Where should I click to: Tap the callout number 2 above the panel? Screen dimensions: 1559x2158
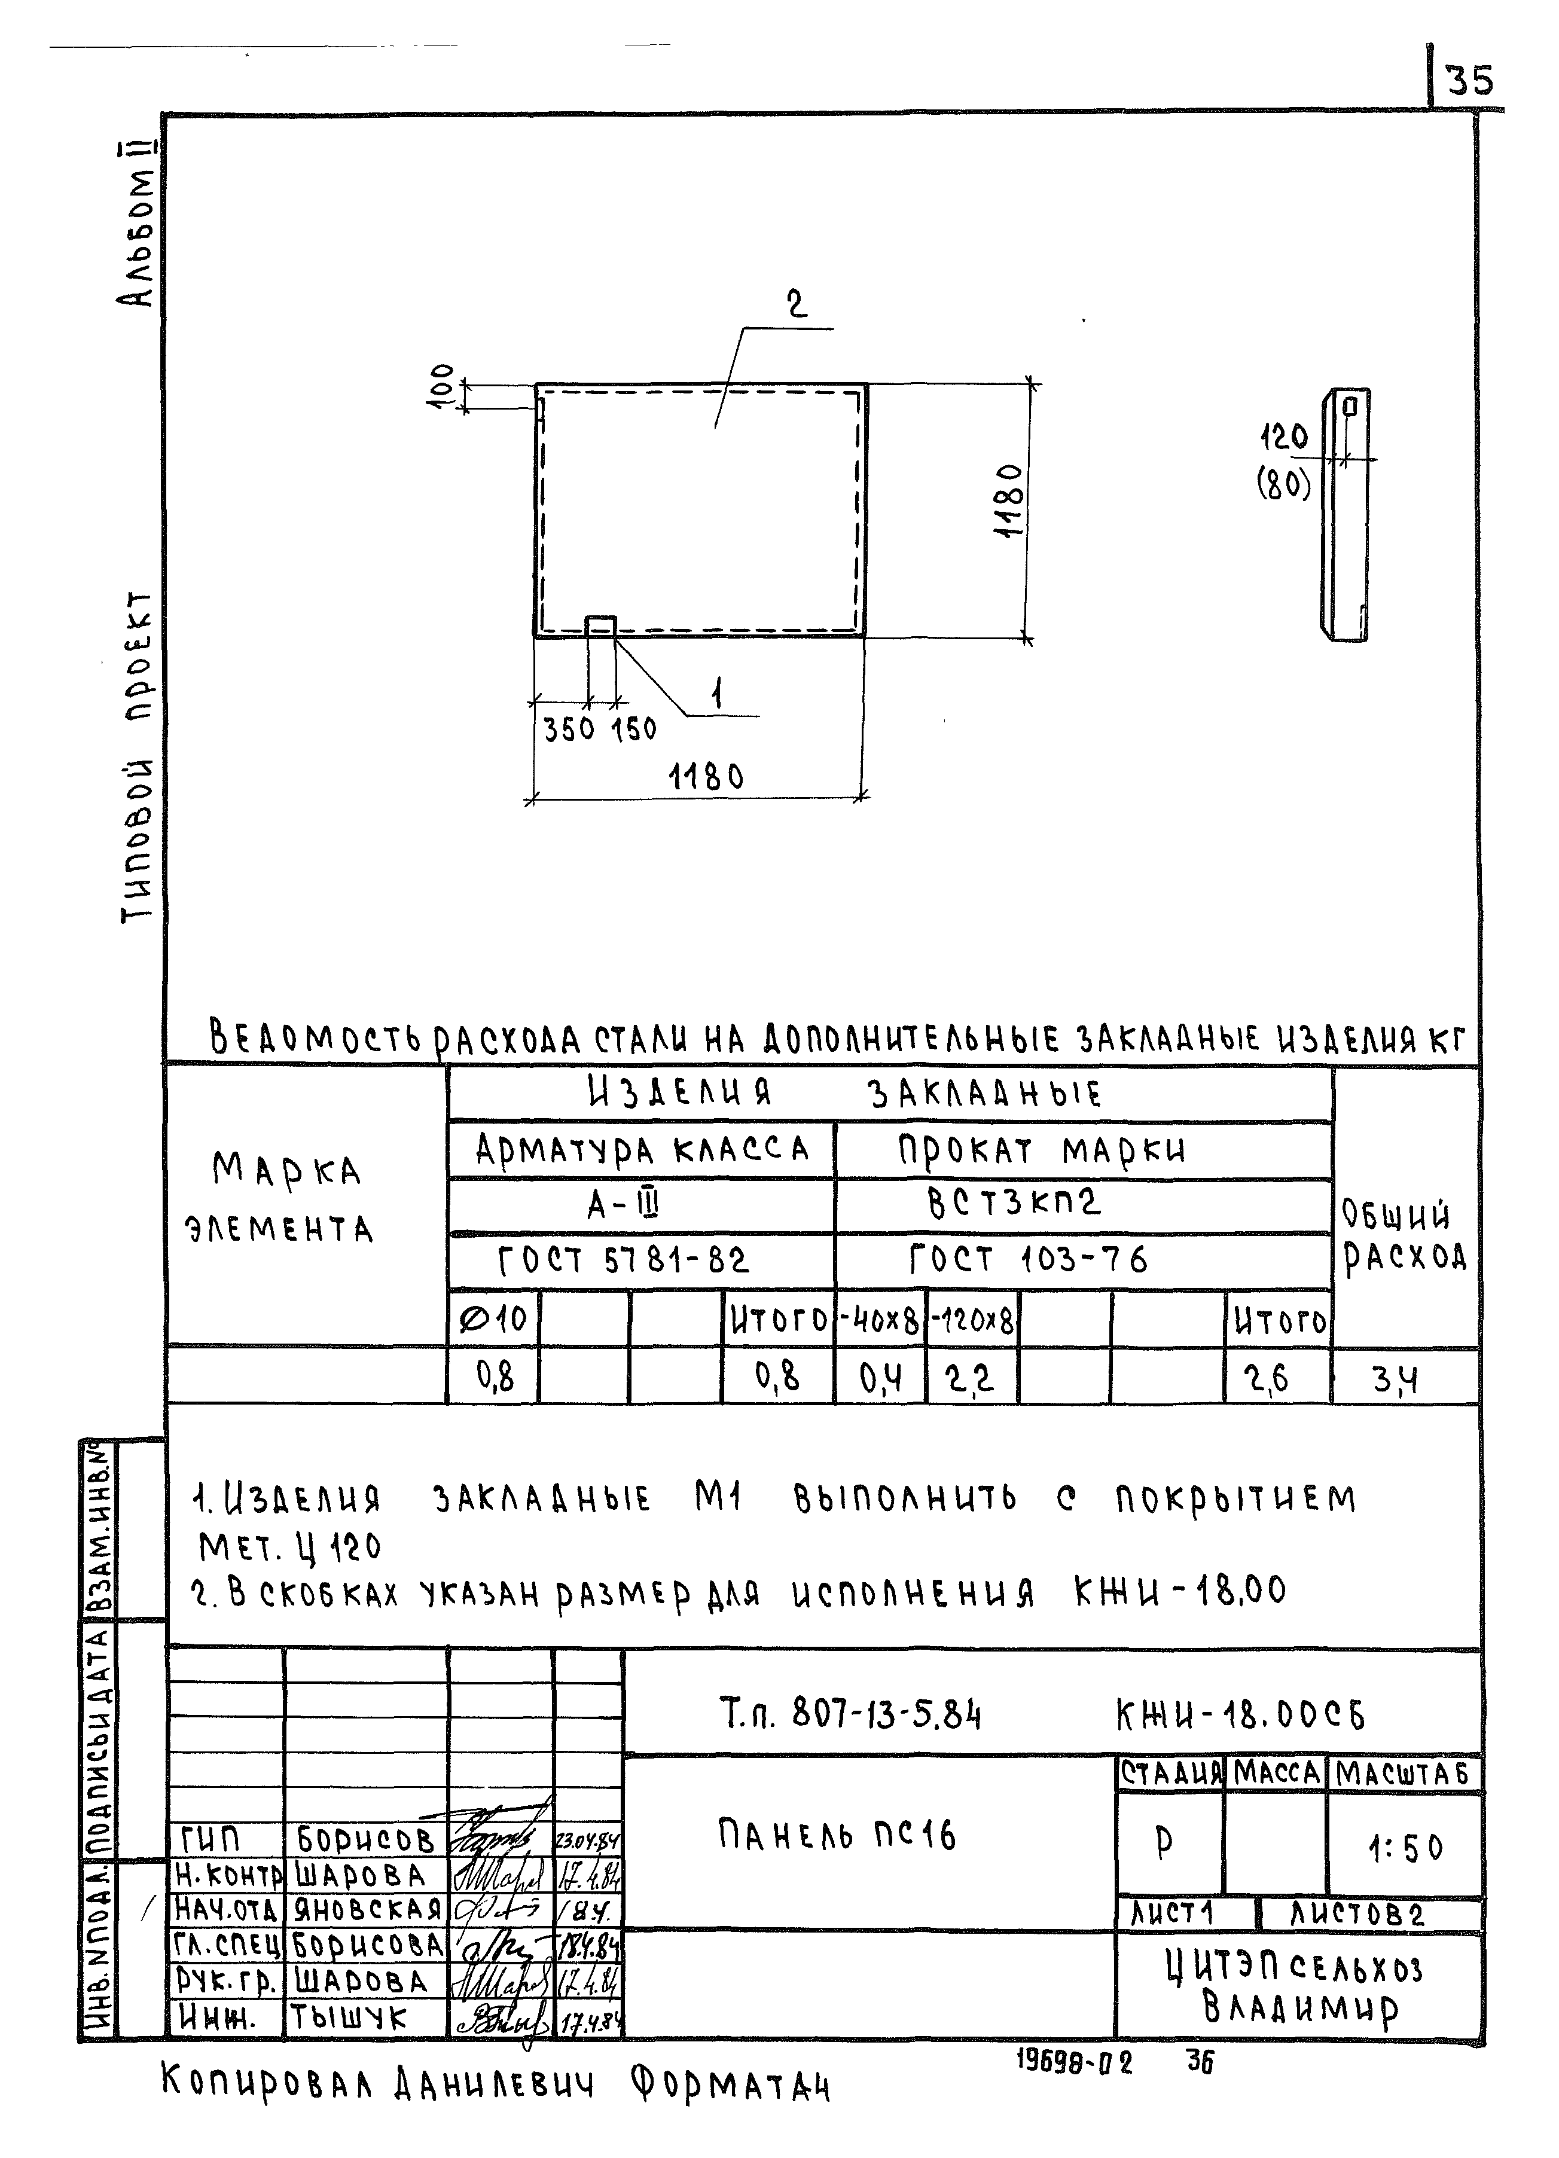pos(796,304)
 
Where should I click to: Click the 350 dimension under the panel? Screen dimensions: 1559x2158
pos(568,730)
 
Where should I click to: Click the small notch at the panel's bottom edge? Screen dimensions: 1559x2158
pos(600,624)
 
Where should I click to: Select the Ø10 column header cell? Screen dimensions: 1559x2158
pos(493,1319)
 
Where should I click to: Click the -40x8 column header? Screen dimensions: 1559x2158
pos(880,1320)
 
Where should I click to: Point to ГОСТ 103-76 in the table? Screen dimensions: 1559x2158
pos(1028,1260)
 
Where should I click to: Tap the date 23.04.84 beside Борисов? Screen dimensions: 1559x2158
pos(587,1841)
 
